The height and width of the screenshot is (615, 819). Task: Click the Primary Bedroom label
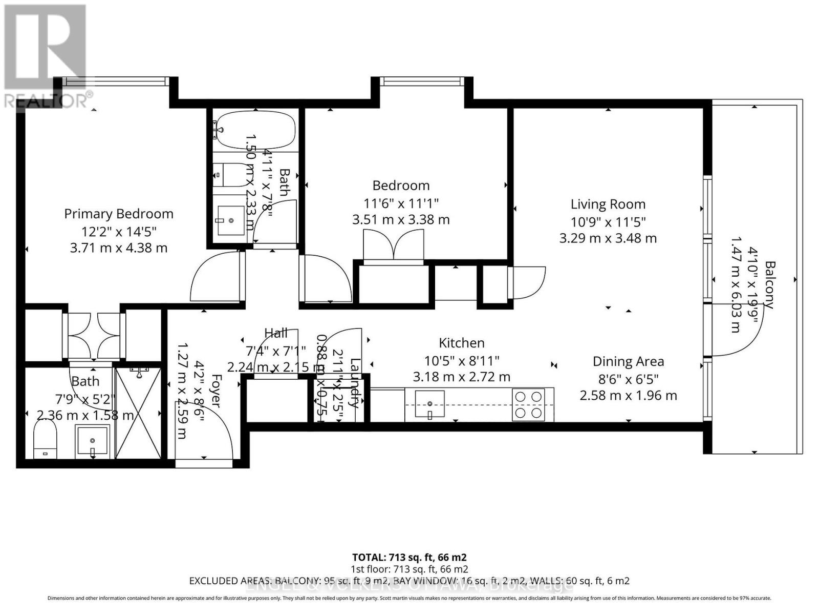coord(119,214)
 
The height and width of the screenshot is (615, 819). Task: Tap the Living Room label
coord(608,204)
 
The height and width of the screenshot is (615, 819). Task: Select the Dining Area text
coord(628,361)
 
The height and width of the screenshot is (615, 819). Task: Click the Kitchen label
coord(461,343)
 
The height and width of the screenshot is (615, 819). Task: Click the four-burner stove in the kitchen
coord(528,404)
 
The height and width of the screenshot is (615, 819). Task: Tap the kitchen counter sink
coord(429,403)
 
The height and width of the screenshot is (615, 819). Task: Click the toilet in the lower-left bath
coord(45,439)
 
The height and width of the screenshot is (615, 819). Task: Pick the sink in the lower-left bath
coord(92,441)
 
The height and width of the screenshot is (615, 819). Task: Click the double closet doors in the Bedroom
coord(393,246)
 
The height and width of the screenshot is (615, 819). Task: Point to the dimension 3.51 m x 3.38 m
coord(401,220)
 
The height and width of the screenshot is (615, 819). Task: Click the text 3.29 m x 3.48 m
coord(608,238)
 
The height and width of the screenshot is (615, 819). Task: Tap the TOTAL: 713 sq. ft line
coord(409,557)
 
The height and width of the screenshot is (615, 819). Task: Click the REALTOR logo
coord(46,56)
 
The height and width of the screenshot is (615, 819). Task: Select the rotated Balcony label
coord(769,284)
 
